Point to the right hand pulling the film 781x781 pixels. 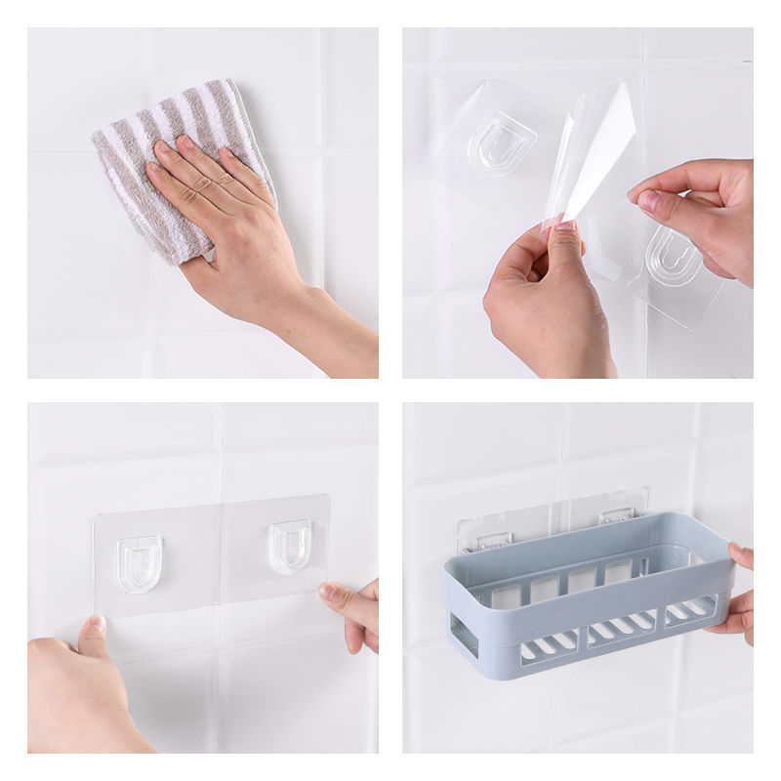tap(698, 210)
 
